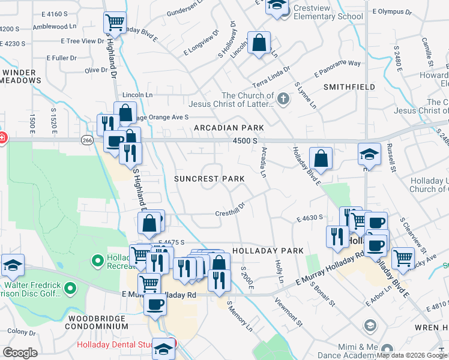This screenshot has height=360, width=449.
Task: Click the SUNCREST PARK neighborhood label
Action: [209, 179]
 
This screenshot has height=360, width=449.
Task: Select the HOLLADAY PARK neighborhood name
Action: [260, 250]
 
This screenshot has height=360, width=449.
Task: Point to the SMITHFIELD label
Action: [349, 87]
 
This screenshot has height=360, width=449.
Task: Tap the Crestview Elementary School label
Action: [328, 16]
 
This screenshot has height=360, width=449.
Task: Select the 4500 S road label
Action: [246, 140]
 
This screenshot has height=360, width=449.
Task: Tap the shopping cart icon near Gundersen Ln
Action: [115, 23]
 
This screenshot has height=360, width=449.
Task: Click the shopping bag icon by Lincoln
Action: [259, 43]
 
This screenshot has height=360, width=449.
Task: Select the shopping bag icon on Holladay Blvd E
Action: [321, 158]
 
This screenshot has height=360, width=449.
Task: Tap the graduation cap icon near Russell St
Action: [369, 154]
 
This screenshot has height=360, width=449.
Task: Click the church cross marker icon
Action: [283, 98]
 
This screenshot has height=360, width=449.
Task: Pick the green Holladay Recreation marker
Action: [97, 261]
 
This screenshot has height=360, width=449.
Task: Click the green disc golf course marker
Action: [70, 289]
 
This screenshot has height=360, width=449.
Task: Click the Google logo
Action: [20, 353]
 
